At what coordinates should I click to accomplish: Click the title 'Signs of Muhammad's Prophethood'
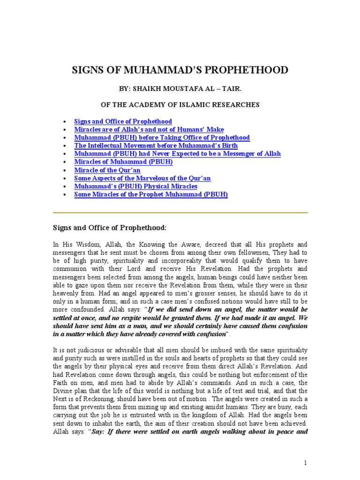point(180,70)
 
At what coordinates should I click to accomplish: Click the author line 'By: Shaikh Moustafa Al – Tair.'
point(180,88)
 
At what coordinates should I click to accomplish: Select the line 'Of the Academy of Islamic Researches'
point(180,104)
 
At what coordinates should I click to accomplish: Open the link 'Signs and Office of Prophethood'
point(123,121)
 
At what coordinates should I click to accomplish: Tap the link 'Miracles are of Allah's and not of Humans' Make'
point(149,129)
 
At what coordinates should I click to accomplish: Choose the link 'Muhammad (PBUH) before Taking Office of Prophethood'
point(162,137)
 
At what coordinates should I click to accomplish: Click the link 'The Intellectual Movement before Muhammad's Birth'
point(156,146)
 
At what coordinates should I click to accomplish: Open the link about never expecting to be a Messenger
point(177,154)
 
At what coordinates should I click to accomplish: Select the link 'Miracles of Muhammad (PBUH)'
point(124,162)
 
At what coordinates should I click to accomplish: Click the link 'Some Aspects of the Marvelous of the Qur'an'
point(142,178)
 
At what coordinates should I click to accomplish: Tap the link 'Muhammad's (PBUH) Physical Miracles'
point(136,186)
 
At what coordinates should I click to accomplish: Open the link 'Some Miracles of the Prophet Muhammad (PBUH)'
point(151,194)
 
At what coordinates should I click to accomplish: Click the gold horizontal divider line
point(180,213)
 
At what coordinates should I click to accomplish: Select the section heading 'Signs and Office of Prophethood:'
point(109,228)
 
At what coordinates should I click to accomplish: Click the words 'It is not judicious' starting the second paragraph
point(78,350)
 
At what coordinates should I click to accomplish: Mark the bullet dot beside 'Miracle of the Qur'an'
point(64,170)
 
